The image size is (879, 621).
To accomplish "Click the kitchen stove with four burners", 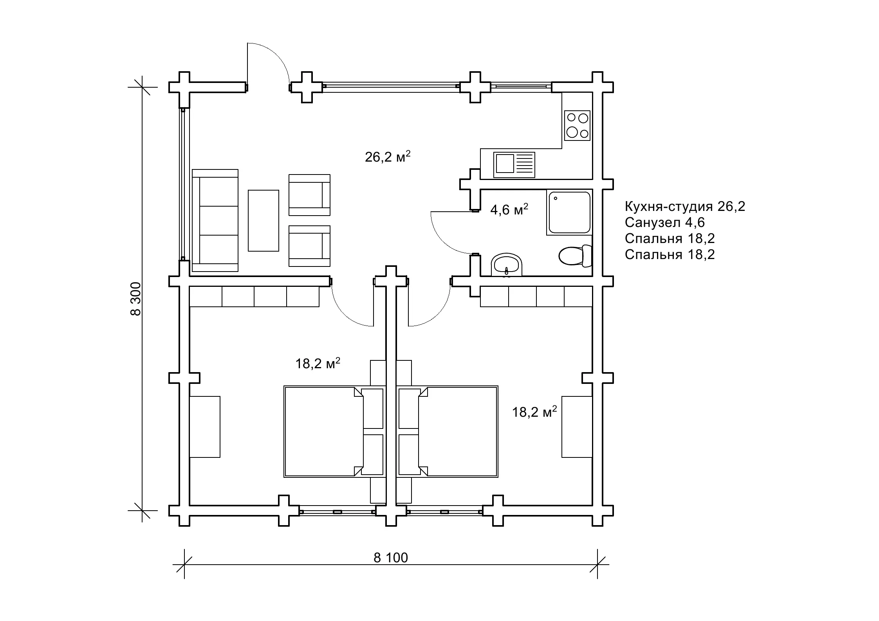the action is (577, 125).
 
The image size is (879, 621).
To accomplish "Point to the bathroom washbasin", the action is (507, 264).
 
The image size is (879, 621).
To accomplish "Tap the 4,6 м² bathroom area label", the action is (509, 210).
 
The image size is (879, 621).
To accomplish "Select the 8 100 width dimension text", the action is (391, 558).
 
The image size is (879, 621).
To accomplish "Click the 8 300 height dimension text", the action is (135, 299).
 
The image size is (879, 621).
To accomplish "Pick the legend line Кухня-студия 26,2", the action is (685, 206).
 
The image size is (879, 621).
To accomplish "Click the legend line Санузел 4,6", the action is (664, 222).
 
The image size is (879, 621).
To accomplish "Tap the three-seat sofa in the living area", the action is (215, 220).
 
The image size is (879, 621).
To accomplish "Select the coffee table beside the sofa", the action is (264, 220).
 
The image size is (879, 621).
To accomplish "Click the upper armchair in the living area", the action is (309, 195).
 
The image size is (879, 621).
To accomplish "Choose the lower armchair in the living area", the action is (309, 246).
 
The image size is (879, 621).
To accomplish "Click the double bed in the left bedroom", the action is (334, 432).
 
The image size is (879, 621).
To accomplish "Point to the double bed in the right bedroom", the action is (448, 432).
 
